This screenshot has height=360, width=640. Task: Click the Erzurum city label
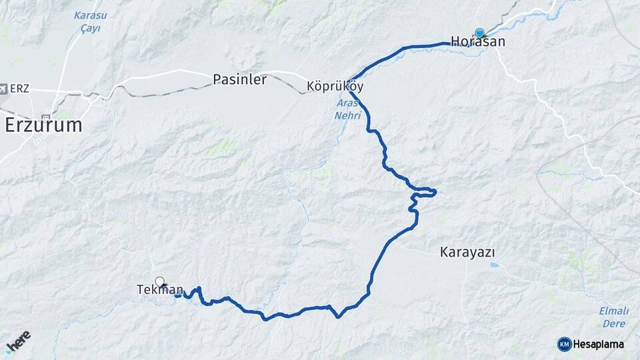[x=43, y=125]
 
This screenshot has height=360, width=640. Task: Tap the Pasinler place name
[x=239, y=79]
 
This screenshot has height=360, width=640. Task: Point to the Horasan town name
[x=477, y=42]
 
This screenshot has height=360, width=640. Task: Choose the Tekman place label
[x=159, y=289]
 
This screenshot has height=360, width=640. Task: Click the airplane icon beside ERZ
[x=5, y=88]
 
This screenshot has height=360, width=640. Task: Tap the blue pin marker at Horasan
[x=479, y=32]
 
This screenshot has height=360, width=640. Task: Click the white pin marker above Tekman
[x=159, y=281]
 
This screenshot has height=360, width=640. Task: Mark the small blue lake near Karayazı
[x=493, y=265]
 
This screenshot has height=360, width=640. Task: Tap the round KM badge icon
[x=564, y=344]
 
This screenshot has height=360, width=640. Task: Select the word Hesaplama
[x=599, y=344]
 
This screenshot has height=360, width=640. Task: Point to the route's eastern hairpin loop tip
[x=435, y=192]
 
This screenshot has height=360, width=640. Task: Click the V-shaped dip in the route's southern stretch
[x=339, y=317]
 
